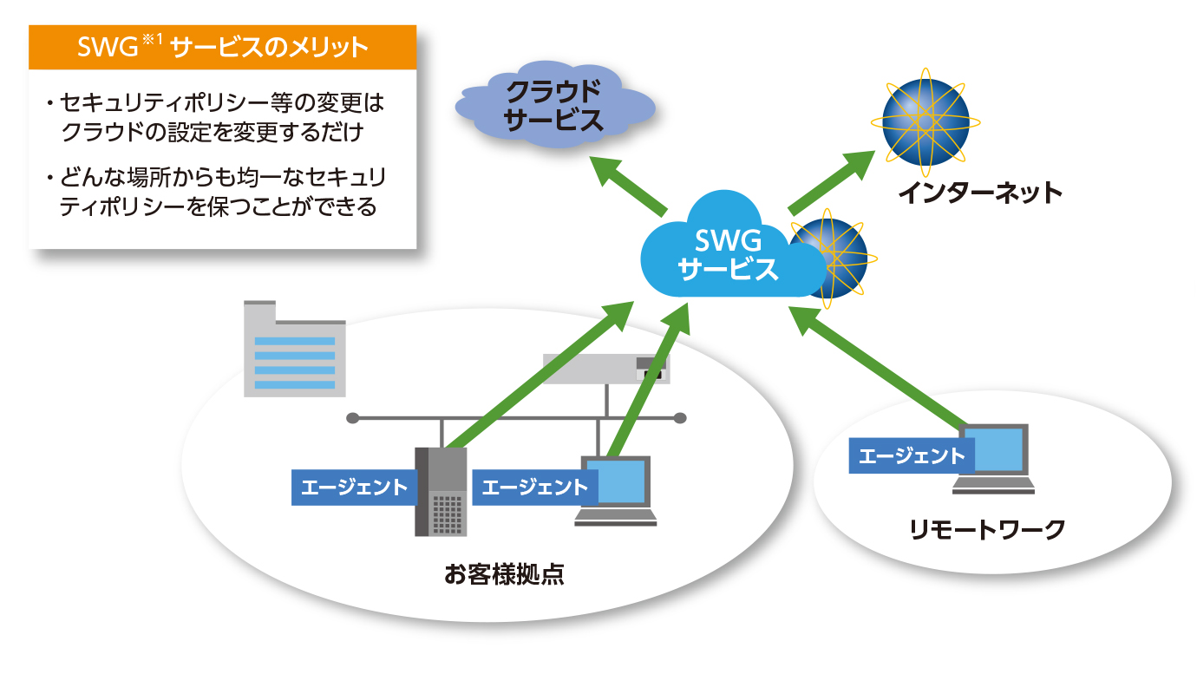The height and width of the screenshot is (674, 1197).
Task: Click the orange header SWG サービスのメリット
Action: (223, 48)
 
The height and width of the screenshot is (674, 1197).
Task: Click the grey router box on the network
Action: (606, 370)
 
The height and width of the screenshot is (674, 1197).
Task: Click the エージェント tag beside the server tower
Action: (354, 488)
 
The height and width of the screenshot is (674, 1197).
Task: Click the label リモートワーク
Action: (987, 529)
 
